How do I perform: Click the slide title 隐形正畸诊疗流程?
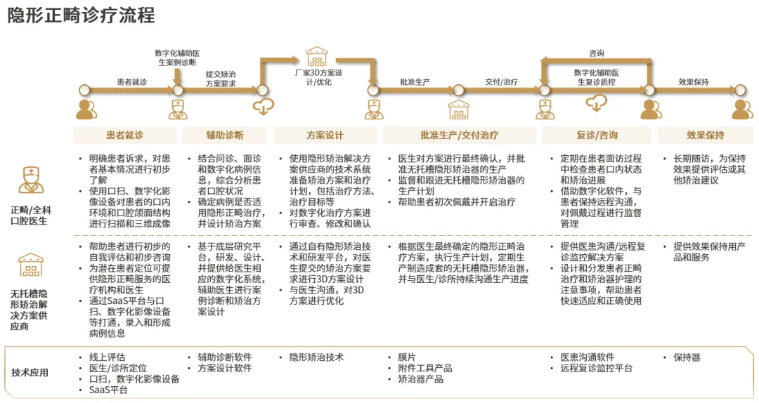point(81,15)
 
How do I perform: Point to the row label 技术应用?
point(30,373)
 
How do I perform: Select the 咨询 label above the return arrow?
point(597,53)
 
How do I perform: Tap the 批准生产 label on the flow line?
point(415,82)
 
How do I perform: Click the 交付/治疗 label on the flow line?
point(501,82)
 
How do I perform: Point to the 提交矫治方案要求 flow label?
point(221,79)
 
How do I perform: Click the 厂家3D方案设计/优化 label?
point(318,77)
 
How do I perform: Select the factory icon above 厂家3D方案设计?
point(317,55)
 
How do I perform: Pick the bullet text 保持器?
point(687,357)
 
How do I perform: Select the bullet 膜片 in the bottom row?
point(407,357)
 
